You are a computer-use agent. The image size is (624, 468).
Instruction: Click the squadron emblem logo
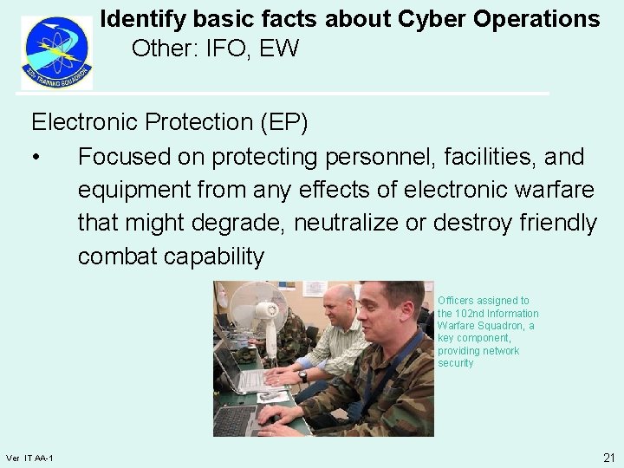coord(56,52)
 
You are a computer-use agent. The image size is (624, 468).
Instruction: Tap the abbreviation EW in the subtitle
coord(279,49)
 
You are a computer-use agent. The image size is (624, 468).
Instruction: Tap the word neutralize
coord(347,223)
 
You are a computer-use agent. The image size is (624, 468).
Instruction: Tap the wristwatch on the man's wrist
coord(303,376)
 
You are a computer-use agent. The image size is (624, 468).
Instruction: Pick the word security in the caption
coord(456,363)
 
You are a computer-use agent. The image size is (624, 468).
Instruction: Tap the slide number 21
coord(608,457)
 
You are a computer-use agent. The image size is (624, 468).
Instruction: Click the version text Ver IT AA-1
coord(29,458)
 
